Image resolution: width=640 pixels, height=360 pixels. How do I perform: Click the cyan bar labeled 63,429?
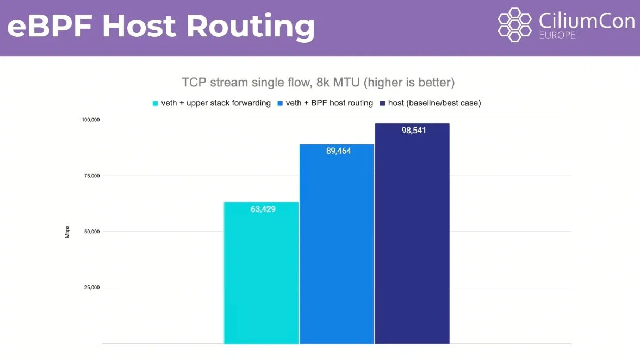tap(262, 272)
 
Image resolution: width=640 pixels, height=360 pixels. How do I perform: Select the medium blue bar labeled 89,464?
tap(337, 245)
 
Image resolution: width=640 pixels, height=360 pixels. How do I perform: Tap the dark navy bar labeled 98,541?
tap(412, 234)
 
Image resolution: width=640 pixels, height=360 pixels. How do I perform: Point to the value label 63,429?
tap(263, 209)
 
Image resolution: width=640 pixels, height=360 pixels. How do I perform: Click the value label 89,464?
tap(339, 151)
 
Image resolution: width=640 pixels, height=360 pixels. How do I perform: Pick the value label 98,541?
tap(414, 131)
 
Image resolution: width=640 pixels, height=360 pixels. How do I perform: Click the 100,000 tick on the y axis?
tap(89, 120)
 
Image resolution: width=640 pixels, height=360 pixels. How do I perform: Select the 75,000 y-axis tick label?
tap(90, 176)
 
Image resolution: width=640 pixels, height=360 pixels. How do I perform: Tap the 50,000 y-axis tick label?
tap(90, 232)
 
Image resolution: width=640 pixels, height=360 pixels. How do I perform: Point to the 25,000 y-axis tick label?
tap(90, 288)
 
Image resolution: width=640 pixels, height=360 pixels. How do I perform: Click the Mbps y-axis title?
tap(67, 232)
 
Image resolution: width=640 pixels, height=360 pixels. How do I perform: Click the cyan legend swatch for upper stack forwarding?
tap(156, 103)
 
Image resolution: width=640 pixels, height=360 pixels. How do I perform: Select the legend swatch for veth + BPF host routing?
tap(280, 103)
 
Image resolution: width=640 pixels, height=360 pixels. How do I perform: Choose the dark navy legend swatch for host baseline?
tap(382, 103)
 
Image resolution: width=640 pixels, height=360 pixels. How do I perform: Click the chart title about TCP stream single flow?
tap(318, 83)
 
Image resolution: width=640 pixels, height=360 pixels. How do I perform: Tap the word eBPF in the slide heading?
tap(50, 26)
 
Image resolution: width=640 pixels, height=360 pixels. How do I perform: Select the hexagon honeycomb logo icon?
tap(514, 24)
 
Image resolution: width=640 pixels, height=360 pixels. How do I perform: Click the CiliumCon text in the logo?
tap(586, 21)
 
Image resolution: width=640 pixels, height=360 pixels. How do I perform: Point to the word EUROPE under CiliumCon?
tap(557, 35)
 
